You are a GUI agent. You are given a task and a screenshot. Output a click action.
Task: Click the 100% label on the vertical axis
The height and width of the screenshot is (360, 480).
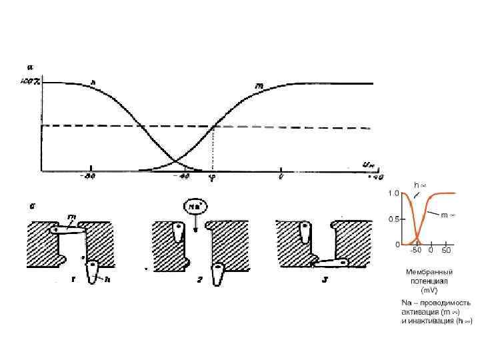point(31,82)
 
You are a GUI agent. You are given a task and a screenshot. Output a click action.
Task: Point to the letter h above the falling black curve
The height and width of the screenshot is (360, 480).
point(93,83)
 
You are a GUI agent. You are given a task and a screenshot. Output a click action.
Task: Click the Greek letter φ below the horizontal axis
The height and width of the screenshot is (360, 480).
point(212,178)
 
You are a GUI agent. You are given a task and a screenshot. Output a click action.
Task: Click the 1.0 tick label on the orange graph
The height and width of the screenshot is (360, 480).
point(394,193)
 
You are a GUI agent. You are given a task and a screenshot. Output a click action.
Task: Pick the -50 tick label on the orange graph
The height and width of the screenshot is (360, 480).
point(415,251)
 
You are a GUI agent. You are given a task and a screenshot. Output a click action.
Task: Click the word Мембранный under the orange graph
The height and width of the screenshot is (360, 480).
point(429,272)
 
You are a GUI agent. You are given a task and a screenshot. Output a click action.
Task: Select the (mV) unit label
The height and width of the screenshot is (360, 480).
point(429,291)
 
